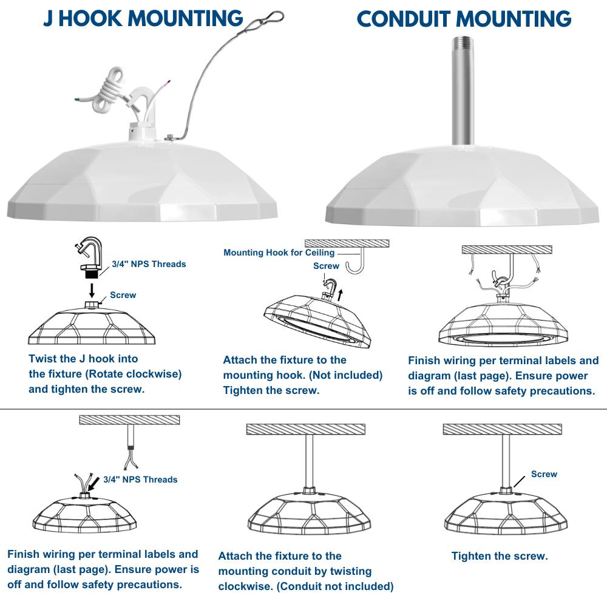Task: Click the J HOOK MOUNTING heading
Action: (x=143, y=18)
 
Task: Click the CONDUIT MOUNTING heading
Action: (x=464, y=19)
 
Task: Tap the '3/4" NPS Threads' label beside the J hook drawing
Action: (x=149, y=264)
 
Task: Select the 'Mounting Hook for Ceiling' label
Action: (x=279, y=253)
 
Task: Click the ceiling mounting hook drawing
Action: (x=354, y=261)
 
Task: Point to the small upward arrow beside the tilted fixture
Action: (x=340, y=296)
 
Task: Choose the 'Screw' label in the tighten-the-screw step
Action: (x=544, y=474)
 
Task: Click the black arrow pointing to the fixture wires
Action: (x=94, y=484)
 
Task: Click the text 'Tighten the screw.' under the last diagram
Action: (x=500, y=556)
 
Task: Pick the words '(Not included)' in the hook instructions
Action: (x=346, y=375)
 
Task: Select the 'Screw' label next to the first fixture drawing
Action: (x=123, y=295)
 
